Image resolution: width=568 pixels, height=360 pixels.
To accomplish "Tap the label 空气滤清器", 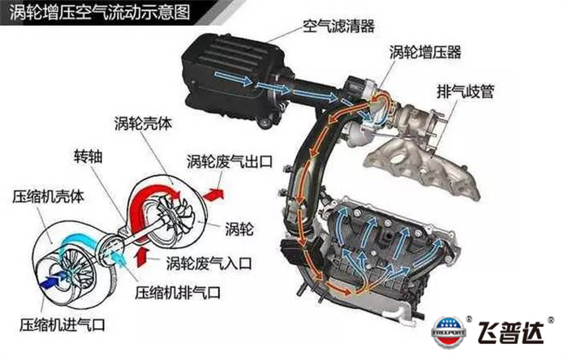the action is point(338,26).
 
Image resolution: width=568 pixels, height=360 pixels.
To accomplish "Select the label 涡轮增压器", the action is point(425,52).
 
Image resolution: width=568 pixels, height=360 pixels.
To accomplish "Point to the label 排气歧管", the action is point(466,91).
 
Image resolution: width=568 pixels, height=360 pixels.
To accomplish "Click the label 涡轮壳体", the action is point(143,124).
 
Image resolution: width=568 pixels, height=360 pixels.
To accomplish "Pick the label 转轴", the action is point(88,156).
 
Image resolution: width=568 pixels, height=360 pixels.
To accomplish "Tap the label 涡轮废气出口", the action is point(230,161).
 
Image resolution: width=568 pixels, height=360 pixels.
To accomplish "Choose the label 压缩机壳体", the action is point(48,196).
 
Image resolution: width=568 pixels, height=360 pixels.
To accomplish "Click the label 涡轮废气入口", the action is point(209,263).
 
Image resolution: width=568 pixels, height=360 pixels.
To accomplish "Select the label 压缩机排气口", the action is point(178,293).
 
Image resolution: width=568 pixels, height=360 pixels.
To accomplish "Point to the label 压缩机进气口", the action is point(62,324).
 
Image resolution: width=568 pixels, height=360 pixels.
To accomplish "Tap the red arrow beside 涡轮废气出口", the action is point(213,195).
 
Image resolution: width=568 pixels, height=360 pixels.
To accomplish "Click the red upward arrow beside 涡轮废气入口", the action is point(142,256).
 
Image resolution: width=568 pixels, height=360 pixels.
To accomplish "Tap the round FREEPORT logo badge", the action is point(450,332).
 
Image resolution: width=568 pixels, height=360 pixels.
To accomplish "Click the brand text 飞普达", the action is point(511,332).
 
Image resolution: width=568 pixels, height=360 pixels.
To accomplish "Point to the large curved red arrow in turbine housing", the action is point(145,203).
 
